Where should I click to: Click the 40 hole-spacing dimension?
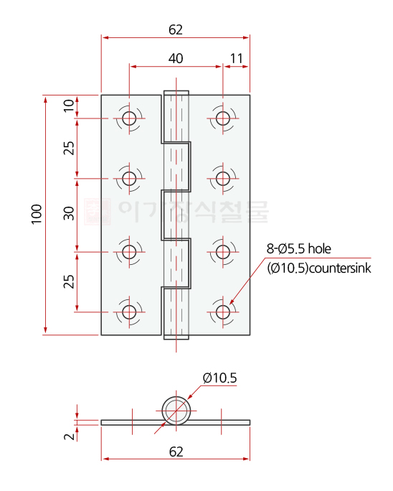tap(176, 57)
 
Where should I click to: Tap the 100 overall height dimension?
tap(37, 214)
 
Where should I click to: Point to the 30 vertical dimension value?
tap(69, 214)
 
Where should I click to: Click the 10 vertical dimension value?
tap(69, 106)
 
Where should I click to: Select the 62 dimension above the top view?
tap(176, 29)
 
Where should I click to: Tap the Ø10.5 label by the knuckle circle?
tap(219, 378)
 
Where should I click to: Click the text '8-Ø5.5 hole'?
tap(299, 249)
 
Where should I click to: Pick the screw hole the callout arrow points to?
tap(223, 312)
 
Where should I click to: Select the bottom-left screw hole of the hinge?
tap(129, 312)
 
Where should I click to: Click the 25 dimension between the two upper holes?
tap(69, 148)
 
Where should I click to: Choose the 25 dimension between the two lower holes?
tap(69, 281)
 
